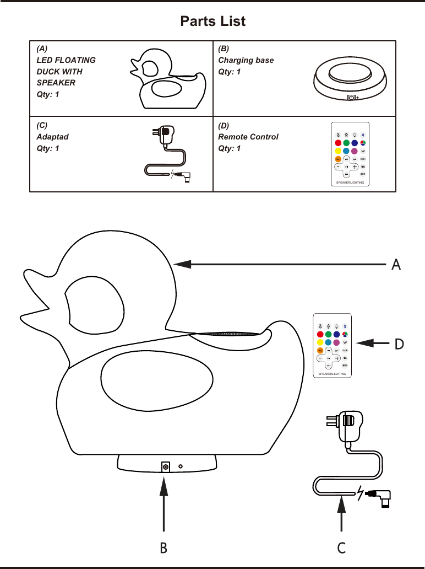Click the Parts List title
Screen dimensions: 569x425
coord(212,22)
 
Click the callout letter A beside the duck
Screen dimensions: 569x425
coord(395,265)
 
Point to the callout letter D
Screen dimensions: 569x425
coord(399,343)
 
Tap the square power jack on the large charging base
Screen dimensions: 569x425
coord(165,467)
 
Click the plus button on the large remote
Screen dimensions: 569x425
coord(336,358)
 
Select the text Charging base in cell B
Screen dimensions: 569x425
coord(246,60)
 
